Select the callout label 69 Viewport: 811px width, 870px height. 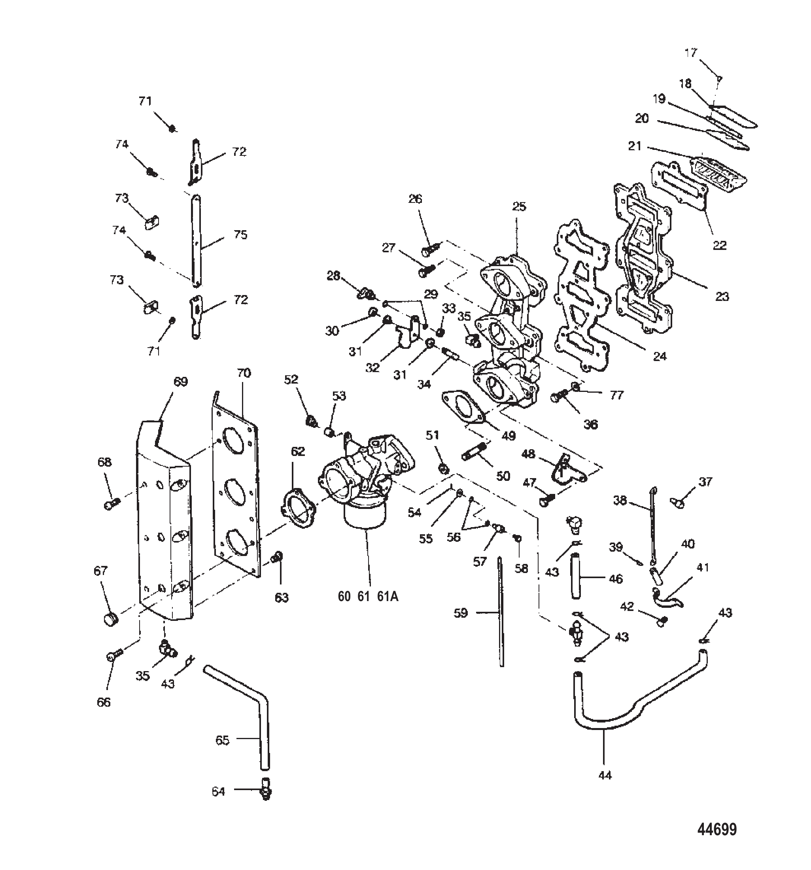[180, 382]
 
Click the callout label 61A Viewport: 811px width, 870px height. [388, 596]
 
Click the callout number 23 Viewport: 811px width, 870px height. [722, 296]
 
